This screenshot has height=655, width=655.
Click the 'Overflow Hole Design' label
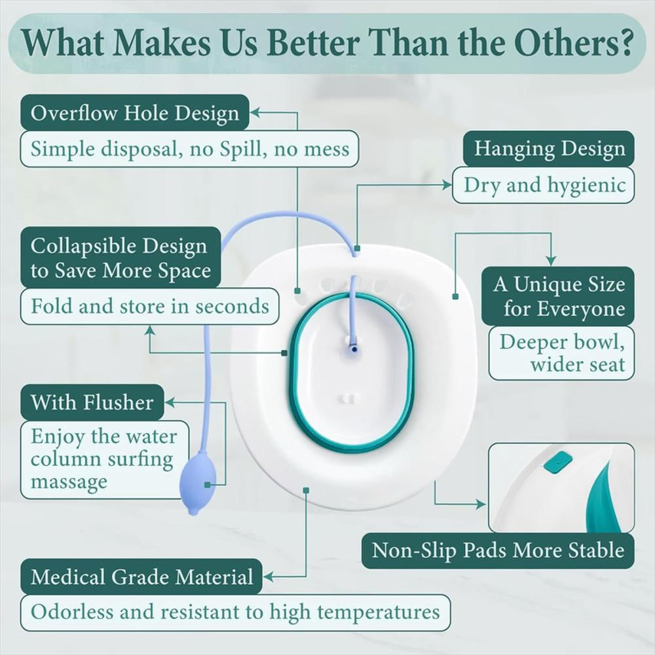134,113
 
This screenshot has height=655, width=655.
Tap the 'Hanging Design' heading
548,149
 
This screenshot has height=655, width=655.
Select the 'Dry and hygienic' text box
544,185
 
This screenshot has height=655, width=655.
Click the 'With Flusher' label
92,402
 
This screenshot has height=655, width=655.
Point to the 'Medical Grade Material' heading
141,577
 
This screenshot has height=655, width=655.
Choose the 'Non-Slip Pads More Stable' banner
498,550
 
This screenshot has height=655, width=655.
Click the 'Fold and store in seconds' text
149,306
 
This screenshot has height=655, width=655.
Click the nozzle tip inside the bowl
354,348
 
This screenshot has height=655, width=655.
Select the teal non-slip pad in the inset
557,464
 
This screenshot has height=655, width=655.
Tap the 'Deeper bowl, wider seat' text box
561,353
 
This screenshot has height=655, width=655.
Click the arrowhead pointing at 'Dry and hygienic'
447,185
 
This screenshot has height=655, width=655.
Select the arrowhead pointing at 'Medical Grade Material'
268,577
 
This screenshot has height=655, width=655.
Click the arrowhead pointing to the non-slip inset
481,504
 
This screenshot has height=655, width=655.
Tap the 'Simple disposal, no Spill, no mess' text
190,149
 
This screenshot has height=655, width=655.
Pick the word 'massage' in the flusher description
69,481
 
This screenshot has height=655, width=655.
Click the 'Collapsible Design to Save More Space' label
121,257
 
